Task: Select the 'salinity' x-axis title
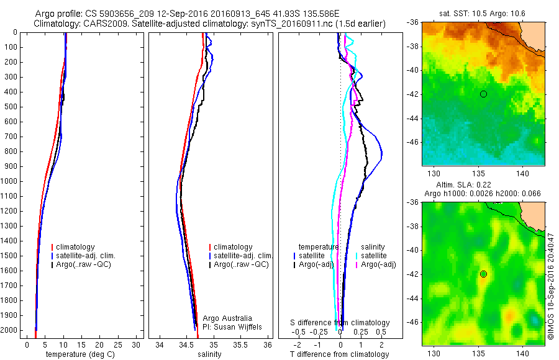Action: click(x=208, y=354)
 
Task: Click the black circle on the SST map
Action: click(x=483, y=94)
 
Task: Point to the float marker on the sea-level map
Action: click(x=483, y=274)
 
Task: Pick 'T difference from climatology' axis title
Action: click(x=339, y=354)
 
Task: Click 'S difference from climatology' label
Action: click(x=340, y=323)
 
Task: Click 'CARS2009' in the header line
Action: click(x=101, y=24)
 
